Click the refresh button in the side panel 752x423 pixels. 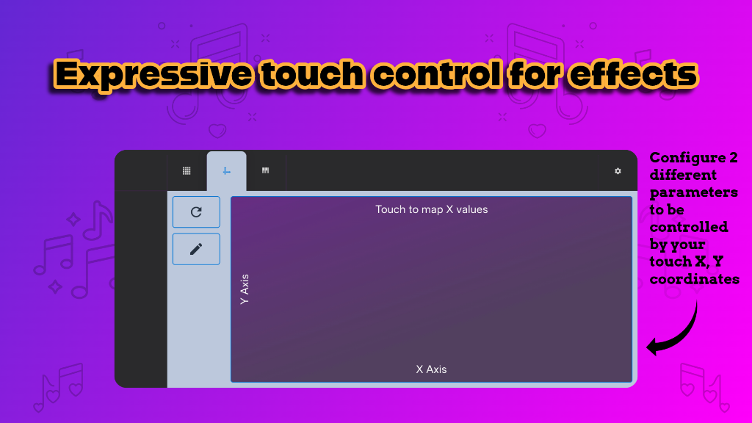[196, 212]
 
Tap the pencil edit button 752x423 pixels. [196, 249]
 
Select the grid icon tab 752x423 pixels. [187, 171]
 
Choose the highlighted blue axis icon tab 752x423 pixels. [227, 171]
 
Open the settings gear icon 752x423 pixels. [618, 171]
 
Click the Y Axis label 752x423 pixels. [245, 289]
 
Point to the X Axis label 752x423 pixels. [431, 369]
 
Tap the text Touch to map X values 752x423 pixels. [432, 209]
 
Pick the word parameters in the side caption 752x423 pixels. [694, 192]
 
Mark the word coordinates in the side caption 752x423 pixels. [695, 279]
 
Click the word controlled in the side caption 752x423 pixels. [689, 227]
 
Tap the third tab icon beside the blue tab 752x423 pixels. [265, 171]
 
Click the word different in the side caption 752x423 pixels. [683, 176]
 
